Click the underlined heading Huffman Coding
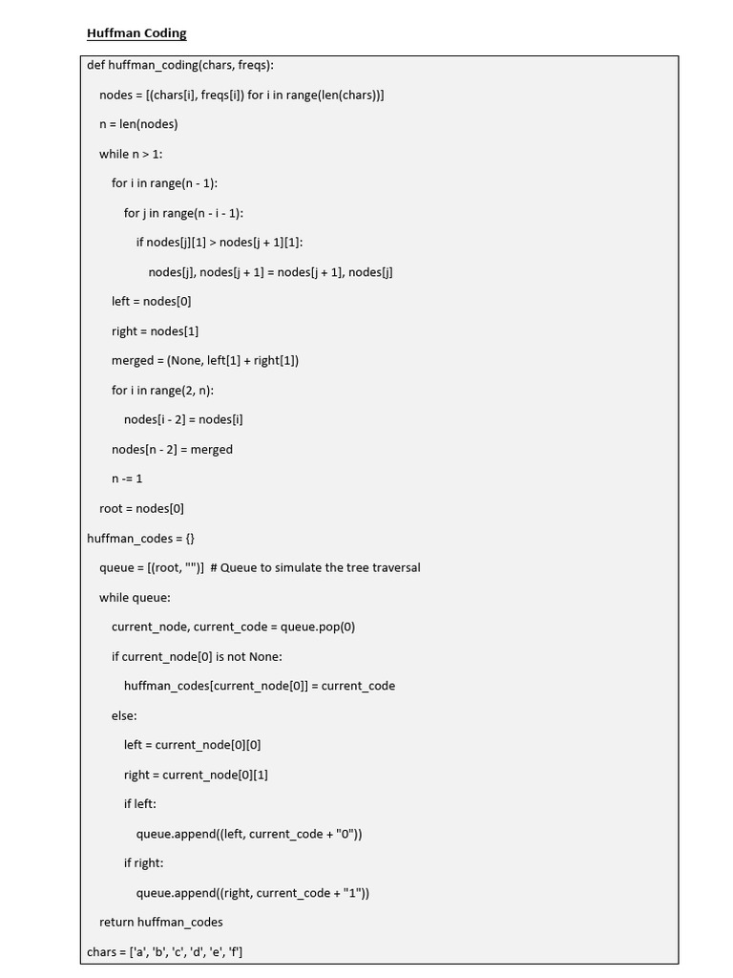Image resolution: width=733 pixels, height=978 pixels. pyautogui.click(x=136, y=33)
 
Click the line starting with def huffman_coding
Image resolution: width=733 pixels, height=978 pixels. pyautogui.click(x=180, y=65)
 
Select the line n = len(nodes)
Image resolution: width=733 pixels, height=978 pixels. pyautogui.click(x=138, y=124)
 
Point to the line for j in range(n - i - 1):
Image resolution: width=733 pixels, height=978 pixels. pyautogui.click(x=190, y=213)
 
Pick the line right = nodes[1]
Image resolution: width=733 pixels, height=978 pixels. pyautogui.click(x=155, y=330)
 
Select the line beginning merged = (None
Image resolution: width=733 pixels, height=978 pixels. pyautogui.click(x=205, y=360)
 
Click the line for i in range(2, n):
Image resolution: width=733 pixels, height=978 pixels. pyautogui.click(x=162, y=390)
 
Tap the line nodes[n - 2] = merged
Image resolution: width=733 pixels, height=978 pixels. pyautogui.click(x=172, y=449)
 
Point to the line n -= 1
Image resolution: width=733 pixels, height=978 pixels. pyautogui.click(x=127, y=478)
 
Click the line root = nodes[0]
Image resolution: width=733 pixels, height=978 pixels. pyautogui.click(x=141, y=508)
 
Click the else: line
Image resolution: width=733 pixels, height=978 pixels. pyautogui.click(x=124, y=715)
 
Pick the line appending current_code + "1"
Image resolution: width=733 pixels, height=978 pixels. pyautogui.click(x=252, y=893)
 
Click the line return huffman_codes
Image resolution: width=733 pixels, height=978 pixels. pyautogui.click(x=160, y=922)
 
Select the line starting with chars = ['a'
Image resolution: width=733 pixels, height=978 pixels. pyautogui.click(x=164, y=951)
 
